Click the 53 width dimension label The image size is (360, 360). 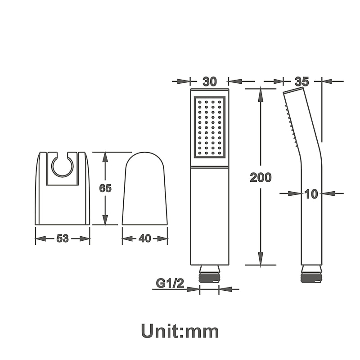(63, 238)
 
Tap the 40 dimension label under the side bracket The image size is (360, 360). (145, 238)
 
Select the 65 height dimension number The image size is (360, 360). (105, 188)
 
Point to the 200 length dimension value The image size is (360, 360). (261, 177)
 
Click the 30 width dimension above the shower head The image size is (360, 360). (210, 81)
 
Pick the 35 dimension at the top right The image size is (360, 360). (302, 81)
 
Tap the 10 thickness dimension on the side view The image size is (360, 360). (311, 194)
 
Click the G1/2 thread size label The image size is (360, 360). (170, 283)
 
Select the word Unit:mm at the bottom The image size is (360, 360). (180, 331)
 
